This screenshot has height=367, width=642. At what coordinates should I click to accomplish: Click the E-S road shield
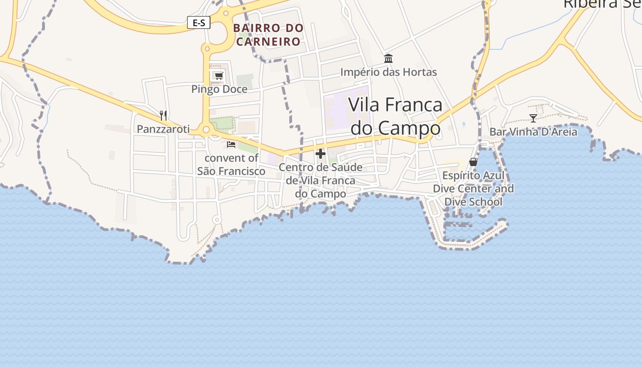pos(199,22)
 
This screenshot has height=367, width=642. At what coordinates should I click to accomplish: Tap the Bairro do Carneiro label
pos(268,35)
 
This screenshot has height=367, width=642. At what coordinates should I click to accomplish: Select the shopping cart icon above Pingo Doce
pos(219,76)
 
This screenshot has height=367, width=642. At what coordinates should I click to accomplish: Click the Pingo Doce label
pos(219,89)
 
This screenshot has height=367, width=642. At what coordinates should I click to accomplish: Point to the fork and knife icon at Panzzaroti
pos(163,115)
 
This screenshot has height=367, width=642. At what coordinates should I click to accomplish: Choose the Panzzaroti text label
pos(163,129)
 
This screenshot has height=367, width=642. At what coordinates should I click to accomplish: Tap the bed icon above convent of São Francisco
pos(231,145)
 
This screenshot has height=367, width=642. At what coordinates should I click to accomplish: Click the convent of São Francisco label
pos(231,165)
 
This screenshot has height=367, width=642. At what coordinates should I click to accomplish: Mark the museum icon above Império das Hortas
pos(388,58)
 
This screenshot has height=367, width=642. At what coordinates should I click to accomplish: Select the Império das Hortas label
pos(388,72)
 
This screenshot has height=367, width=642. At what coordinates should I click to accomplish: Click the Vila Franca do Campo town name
pos(395,116)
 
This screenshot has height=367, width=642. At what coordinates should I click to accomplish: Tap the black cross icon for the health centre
pos(321,154)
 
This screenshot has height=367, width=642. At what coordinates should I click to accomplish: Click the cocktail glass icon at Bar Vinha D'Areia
pos(533,118)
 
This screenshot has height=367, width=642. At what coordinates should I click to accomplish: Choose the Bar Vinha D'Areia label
pos(533,132)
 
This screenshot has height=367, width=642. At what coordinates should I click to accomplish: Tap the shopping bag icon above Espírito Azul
pos(473,162)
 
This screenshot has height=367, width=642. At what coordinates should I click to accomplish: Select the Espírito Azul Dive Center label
pos(473,189)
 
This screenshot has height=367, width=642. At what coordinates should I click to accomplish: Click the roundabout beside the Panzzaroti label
pos(206,130)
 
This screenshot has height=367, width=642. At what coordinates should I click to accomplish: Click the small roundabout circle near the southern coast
pos(217,220)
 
